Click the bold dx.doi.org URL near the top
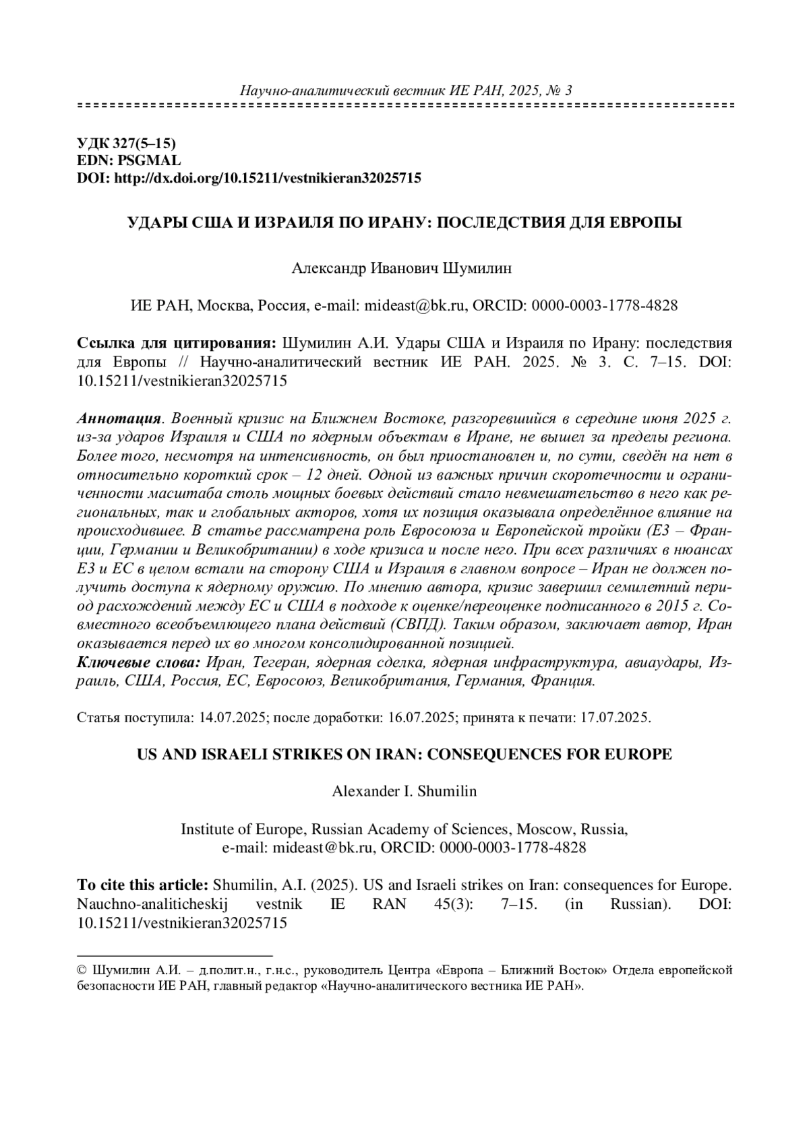pos(268,178)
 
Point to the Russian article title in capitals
pos(405,222)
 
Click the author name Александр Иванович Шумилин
pos(402,268)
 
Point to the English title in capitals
pos(404,754)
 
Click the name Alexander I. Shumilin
pos(404,792)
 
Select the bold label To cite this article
pos(143,885)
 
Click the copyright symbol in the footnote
pos(82,971)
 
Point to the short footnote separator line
pos(175,955)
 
